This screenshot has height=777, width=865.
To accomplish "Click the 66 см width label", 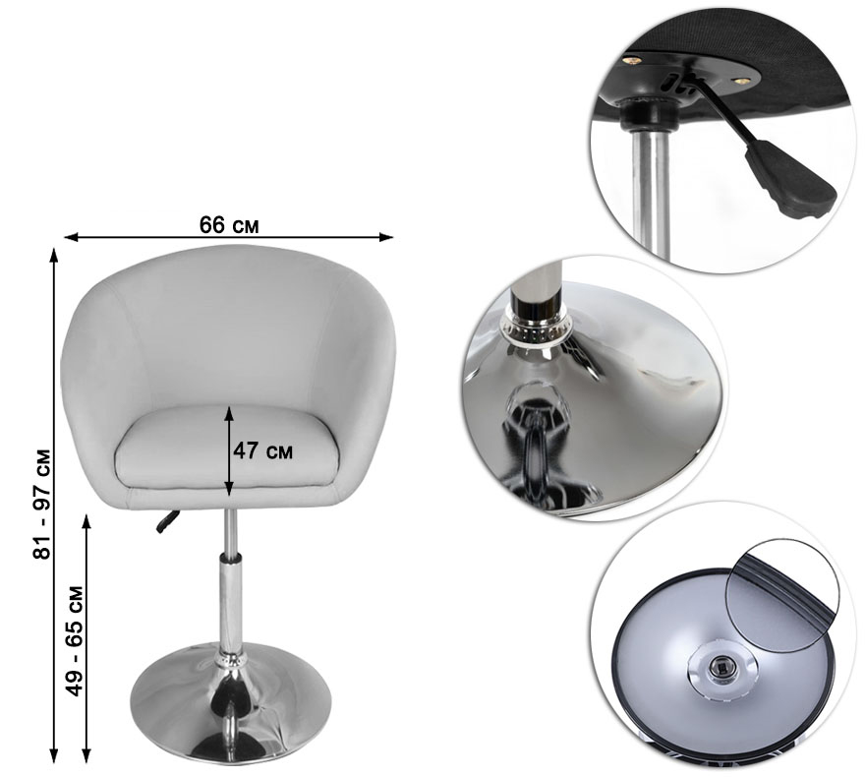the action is [x=229, y=224].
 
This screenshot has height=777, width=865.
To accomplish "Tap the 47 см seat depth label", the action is [x=262, y=450].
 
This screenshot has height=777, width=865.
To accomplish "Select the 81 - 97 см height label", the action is [x=42, y=505].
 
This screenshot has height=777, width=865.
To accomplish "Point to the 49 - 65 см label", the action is [x=74, y=640].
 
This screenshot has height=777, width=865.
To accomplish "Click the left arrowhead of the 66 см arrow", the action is [x=71, y=237].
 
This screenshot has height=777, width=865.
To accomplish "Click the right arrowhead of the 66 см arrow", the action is [x=386, y=237].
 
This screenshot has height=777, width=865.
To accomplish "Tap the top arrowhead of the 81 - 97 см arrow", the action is [x=53, y=255].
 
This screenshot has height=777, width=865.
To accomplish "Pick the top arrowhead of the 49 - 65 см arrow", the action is [x=86, y=520].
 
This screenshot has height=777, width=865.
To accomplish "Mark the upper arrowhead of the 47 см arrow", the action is [x=229, y=412].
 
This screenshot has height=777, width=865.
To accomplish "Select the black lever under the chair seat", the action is [x=168, y=521].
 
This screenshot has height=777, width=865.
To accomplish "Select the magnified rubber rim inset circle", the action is [x=782, y=595].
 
